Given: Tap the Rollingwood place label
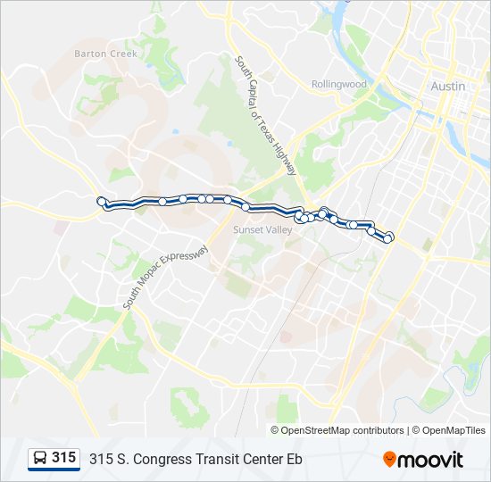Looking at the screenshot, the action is tap(339, 84).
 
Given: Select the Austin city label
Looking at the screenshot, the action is tap(447, 87).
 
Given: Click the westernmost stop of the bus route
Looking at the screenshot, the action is tap(101, 202).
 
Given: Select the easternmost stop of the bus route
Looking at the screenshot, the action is tap(389, 237).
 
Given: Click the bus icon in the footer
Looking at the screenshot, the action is tap(40, 459).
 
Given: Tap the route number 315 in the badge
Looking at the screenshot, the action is tap(64, 458).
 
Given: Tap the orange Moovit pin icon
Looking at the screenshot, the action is tap(389, 459).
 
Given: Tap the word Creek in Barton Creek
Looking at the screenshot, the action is tap(125, 54).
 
